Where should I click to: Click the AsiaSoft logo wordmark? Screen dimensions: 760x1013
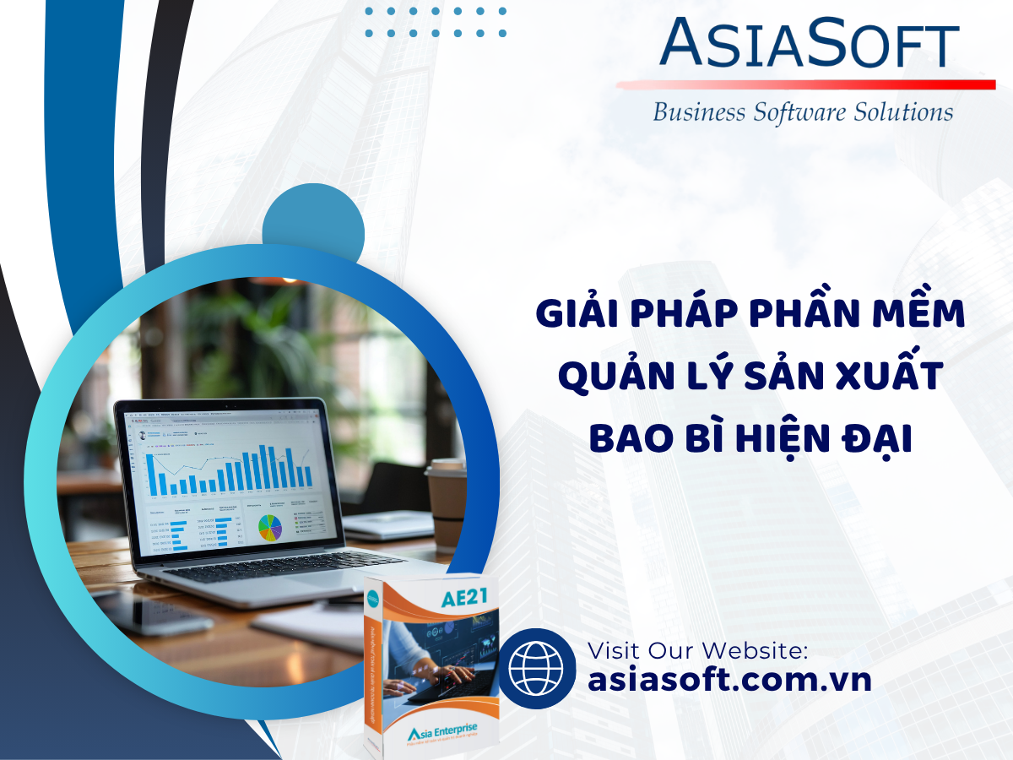click(809, 44)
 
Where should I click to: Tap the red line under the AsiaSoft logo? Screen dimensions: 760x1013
click(806, 84)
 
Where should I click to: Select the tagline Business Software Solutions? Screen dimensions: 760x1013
click(803, 112)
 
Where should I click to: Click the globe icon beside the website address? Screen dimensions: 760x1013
click(537, 667)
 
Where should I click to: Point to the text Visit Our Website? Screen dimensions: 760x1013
click(698, 650)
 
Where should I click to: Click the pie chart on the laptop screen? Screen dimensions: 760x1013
click(270, 527)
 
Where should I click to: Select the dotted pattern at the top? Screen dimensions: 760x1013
click(436, 23)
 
